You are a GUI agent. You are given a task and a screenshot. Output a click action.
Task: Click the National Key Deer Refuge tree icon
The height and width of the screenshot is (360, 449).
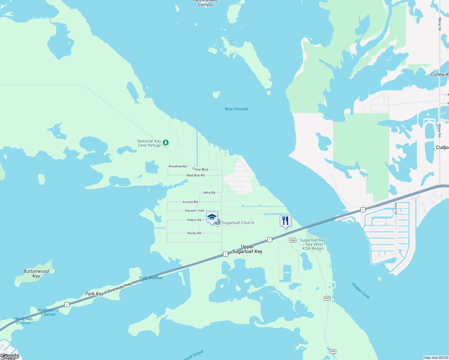click(166, 143)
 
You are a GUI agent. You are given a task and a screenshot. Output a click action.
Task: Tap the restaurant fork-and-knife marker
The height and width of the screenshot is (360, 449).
click(285, 221)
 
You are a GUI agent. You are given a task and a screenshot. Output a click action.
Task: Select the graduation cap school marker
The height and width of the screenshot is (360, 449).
click(212, 217)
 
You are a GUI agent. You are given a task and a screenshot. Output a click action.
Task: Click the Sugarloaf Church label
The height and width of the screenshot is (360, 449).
click(238, 223)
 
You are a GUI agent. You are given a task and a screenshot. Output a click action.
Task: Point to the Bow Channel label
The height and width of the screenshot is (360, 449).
click(237, 109)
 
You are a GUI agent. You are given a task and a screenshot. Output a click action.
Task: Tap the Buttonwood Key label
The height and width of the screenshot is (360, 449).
click(36, 274)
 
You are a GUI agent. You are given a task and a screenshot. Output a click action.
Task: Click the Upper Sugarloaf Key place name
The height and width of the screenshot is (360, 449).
click(247, 249)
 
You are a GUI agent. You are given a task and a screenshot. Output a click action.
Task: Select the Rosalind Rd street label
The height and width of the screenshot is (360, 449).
click(177, 166)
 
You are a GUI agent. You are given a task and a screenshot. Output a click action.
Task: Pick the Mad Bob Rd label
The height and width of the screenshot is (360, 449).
click(196, 175)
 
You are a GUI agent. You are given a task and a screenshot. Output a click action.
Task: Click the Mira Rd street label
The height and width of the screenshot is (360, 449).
click(209, 193)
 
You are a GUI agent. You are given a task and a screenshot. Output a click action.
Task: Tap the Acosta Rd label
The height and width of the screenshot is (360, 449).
click(190, 202)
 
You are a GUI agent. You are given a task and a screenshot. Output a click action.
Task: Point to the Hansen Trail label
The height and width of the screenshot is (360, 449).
click(194, 211)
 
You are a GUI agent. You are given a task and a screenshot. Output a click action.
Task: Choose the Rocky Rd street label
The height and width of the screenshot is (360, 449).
click(194, 233)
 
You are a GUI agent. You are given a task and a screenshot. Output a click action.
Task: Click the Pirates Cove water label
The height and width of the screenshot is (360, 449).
click(361, 291)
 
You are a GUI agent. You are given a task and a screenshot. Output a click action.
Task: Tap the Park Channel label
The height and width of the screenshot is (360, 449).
click(151, 278)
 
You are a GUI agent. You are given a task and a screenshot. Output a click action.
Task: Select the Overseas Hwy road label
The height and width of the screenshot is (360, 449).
click(120, 287)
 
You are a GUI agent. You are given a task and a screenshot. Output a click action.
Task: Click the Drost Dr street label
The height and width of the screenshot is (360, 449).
click(396, 208)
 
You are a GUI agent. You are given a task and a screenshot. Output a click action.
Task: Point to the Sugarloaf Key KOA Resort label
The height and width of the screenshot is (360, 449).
click(313, 244)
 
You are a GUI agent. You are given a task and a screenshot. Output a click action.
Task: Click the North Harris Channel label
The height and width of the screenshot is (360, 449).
click(48, 312)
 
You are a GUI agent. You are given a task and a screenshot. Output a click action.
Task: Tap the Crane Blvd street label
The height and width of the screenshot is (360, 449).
click(200, 169)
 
